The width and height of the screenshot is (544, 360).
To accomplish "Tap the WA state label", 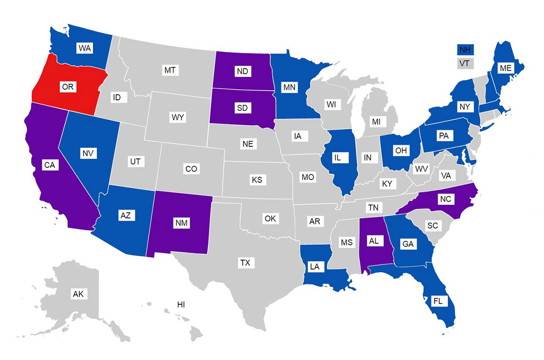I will point(85,48).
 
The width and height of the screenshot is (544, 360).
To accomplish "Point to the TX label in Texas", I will point(245,263).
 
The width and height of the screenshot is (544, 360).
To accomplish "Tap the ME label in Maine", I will point(506,68).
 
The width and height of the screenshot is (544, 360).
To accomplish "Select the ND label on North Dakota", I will point(242,71).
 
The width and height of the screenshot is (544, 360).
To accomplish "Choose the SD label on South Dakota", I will point(242,108).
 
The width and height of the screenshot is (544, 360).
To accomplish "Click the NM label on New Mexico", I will point(182,223).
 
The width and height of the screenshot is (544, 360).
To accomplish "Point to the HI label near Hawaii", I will point(181,304).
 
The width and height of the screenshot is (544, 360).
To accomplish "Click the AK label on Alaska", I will point(78,294).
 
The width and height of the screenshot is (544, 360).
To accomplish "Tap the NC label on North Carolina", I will point(446,199).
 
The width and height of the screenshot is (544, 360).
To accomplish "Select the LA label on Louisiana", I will point(315,267).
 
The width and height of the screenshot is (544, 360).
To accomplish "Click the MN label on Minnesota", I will point(288,87).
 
